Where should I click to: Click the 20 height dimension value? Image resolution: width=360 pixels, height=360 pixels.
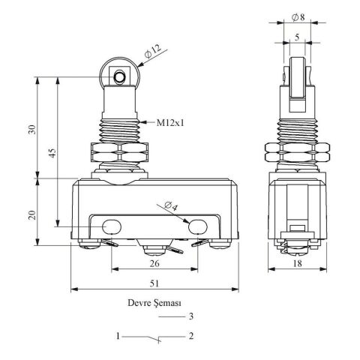tap(30, 214)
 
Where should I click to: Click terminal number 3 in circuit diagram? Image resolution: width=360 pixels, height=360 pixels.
tap(192, 316)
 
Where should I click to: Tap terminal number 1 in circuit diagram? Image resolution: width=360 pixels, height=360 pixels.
tap(118, 337)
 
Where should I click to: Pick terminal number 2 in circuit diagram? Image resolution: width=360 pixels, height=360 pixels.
tap(192, 337)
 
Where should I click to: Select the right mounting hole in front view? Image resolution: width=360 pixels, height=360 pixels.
tap(198, 226)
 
